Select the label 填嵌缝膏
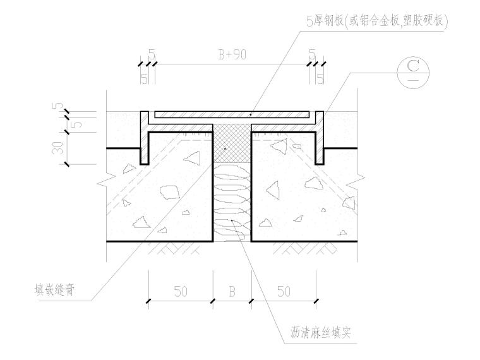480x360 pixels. (x=56, y=292)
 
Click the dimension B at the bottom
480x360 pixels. (x=232, y=292)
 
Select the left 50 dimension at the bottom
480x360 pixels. (x=181, y=292)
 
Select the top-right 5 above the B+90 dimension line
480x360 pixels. (x=312, y=54)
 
